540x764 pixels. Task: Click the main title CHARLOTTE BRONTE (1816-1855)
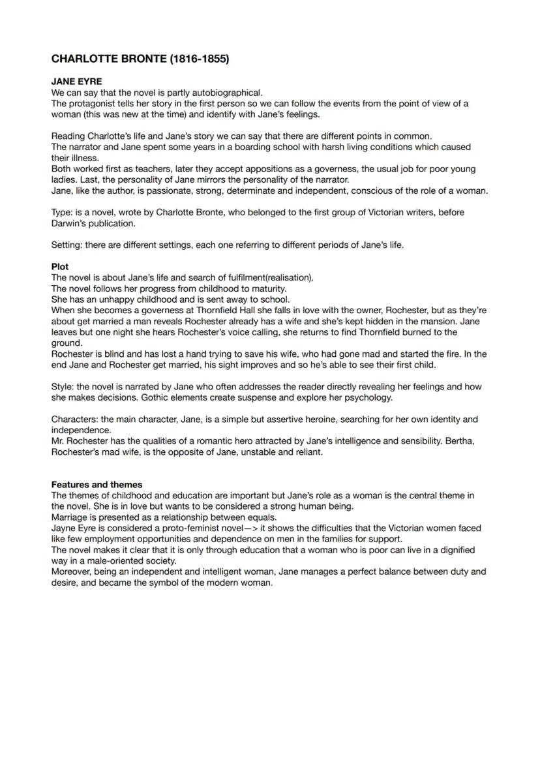click(140, 59)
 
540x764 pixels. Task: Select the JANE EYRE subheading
click(76, 82)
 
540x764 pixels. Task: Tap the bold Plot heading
click(60, 267)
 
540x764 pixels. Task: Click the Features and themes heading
click(97, 485)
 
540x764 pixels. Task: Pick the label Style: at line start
click(63, 387)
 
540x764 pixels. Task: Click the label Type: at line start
click(63, 213)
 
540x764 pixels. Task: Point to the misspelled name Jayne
click(64, 528)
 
